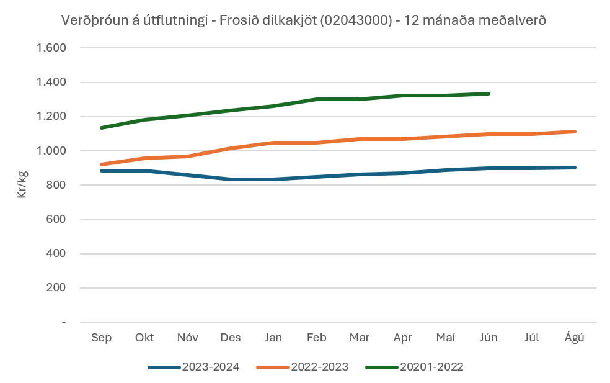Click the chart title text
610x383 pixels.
[x=304, y=20]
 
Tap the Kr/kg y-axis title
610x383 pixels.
[x=22, y=185]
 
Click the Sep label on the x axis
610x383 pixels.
[x=101, y=338]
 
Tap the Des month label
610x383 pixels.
[x=231, y=338]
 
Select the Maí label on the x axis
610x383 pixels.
[x=446, y=338]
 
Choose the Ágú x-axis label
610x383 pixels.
[x=575, y=338]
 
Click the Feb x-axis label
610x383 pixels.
[x=317, y=338]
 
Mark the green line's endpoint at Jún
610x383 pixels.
[x=488, y=94]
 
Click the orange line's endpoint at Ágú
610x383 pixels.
[x=575, y=132]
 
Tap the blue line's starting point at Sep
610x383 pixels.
[x=102, y=170]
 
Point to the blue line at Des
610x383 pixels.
[x=231, y=179]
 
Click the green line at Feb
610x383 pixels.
[x=317, y=99]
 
